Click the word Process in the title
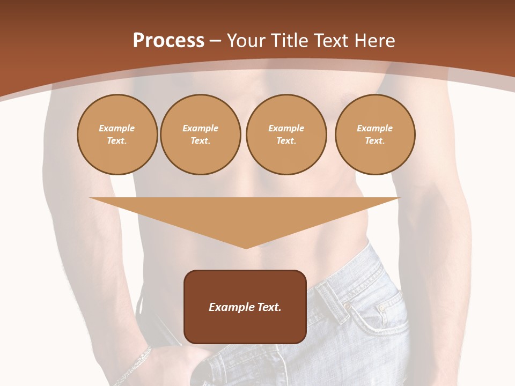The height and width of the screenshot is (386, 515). [168, 41]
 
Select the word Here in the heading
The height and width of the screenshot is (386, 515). [375, 41]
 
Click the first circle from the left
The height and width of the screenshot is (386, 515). [117, 135]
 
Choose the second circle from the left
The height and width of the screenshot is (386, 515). [201, 135]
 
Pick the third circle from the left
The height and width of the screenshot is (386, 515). [286, 135]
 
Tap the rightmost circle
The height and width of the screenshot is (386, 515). [375, 135]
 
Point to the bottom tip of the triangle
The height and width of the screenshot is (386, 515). [246, 248]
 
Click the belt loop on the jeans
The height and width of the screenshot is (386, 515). [333, 301]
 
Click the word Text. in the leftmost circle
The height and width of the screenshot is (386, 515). [117, 141]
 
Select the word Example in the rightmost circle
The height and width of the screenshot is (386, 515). [375, 128]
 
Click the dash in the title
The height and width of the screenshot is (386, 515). [215, 41]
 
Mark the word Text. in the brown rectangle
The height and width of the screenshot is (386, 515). [269, 307]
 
